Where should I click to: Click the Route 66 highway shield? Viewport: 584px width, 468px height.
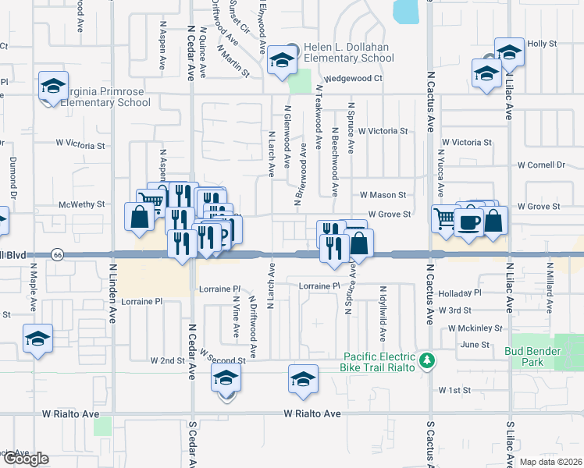coord(58,255)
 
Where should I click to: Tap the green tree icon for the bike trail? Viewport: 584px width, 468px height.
coord(426,360)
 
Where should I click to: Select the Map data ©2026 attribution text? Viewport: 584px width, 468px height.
coord(551,462)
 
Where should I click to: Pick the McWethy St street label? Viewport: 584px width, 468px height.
coord(82,205)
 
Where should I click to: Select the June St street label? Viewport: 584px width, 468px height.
coord(475,344)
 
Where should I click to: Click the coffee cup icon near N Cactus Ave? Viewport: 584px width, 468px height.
coord(468,223)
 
